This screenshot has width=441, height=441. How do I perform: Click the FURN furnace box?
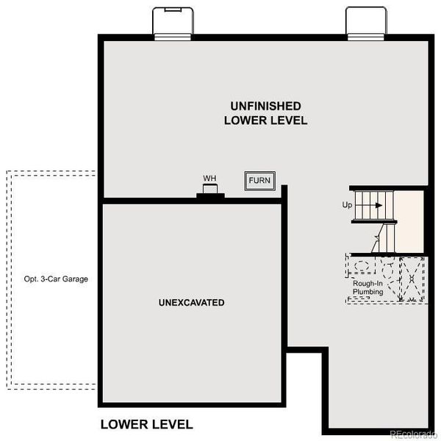tap(259, 180)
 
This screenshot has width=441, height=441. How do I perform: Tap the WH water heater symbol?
tap(210, 192)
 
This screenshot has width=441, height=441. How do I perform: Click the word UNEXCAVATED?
tap(191, 303)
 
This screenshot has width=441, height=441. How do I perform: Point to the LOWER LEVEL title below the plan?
tap(146, 424)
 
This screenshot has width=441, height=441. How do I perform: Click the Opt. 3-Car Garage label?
tap(51, 280)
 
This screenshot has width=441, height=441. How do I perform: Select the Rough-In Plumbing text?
tap(367, 288)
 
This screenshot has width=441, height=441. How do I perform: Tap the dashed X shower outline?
tap(412, 279)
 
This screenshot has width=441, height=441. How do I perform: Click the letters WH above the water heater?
tap(209, 178)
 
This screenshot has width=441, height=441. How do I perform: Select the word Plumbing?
tap(367, 293)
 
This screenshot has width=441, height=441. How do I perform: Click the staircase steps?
tap(374, 205)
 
